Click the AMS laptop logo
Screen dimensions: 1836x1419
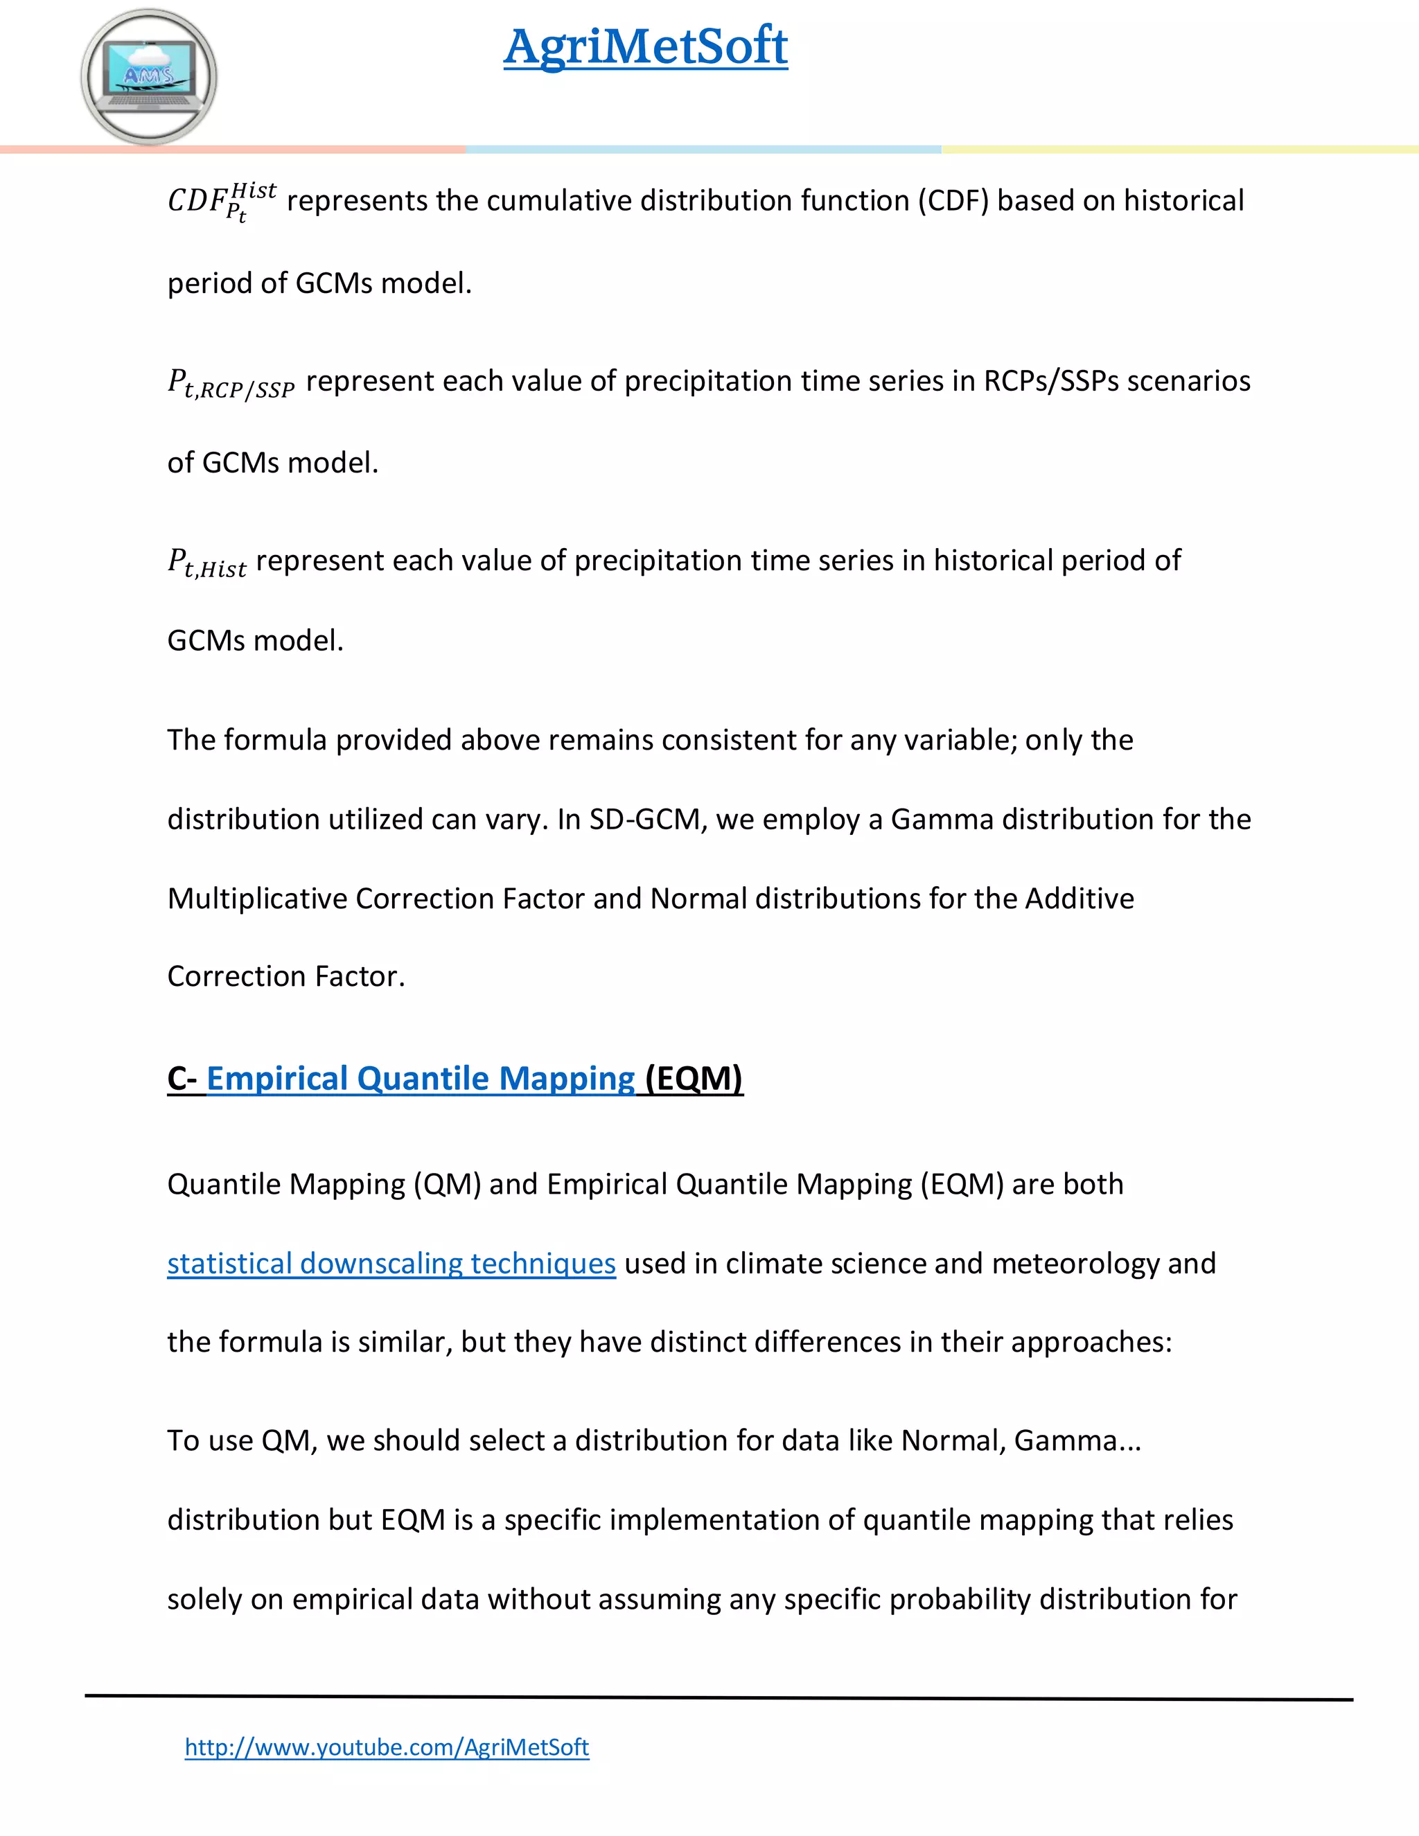[x=149, y=76]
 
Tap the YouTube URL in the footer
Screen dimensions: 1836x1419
[x=387, y=1747]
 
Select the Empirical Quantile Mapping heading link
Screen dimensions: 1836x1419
[x=421, y=1079]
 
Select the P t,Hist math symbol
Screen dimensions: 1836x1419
[x=206, y=563]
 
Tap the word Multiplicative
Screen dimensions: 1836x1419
[x=256, y=899]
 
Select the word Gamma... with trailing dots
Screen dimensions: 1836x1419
[x=1077, y=1441]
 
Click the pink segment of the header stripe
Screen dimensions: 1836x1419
[x=233, y=150]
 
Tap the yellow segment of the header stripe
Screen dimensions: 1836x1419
[x=1179, y=150]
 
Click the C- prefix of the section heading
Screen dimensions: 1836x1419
[x=182, y=1079]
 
